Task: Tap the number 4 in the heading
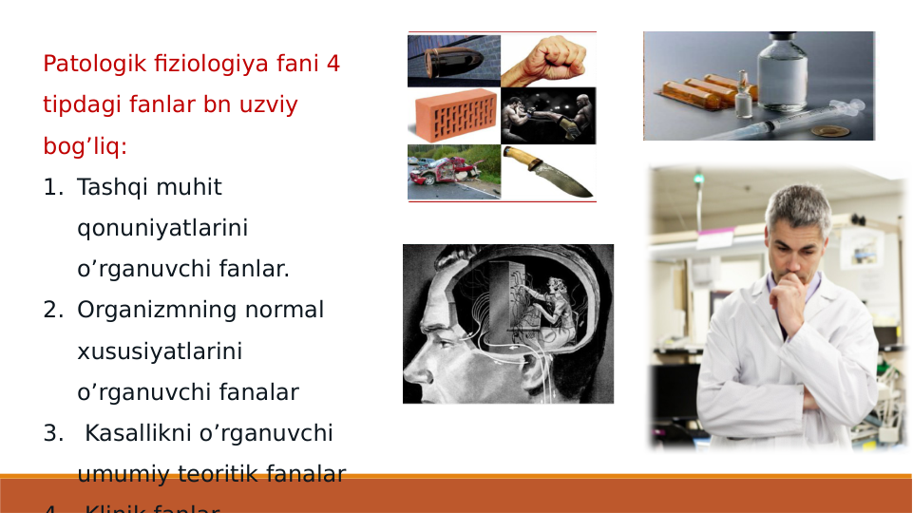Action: (x=333, y=65)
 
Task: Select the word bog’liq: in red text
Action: (x=85, y=146)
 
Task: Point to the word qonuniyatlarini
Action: (x=162, y=228)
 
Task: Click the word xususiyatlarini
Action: (x=159, y=351)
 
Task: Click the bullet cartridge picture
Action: (x=454, y=61)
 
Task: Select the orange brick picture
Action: (x=454, y=116)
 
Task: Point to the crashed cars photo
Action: (x=453, y=172)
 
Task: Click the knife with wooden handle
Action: (x=548, y=172)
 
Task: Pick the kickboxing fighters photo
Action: (x=548, y=116)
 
